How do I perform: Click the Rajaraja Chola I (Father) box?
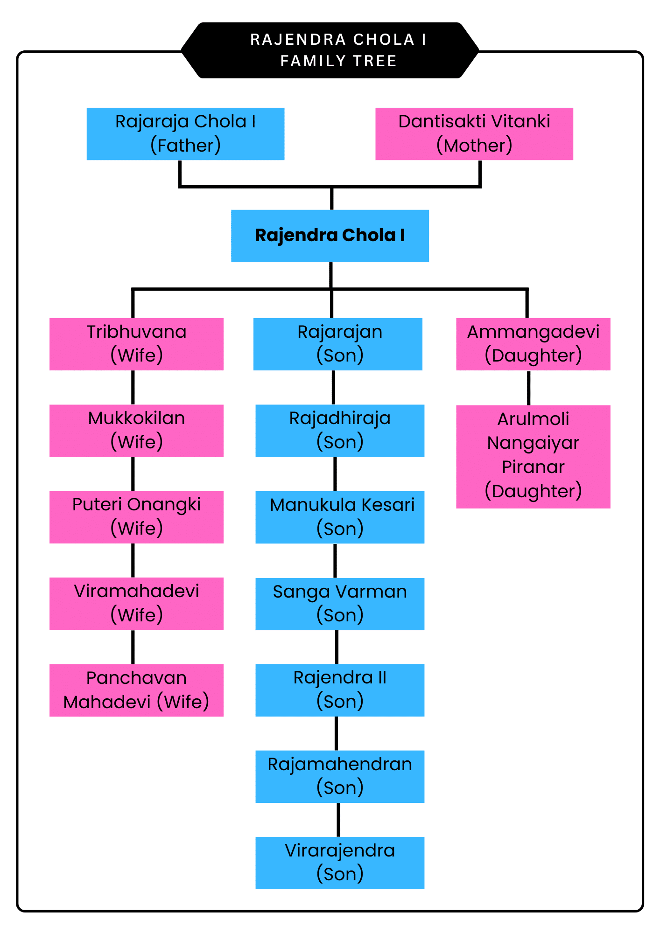click(x=185, y=134)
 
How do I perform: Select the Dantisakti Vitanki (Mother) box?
click(x=474, y=134)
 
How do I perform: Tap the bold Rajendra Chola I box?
click(x=330, y=236)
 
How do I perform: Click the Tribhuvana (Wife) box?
click(x=136, y=344)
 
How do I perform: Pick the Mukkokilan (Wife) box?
click(x=136, y=430)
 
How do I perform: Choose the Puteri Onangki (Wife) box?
click(x=136, y=517)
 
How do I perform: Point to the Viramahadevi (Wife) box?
click(x=136, y=603)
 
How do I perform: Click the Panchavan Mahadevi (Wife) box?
click(x=136, y=690)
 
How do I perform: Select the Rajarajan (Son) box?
click(x=337, y=344)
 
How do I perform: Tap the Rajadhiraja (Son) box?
click(x=339, y=430)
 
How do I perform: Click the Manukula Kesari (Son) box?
click(x=339, y=517)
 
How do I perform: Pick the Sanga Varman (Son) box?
click(x=339, y=604)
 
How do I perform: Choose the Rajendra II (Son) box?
click(x=339, y=690)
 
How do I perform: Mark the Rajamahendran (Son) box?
click(x=339, y=776)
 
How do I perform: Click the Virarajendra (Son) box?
click(x=339, y=863)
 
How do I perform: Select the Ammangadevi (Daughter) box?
click(x=533, y=344)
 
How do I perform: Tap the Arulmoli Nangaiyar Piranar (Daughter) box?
click(x=533, y=456)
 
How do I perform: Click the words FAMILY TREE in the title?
click(x=338, y=61)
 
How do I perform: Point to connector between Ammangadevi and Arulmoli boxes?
click(x=528, y=388)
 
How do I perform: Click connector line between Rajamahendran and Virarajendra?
click(x=338, y=820)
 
